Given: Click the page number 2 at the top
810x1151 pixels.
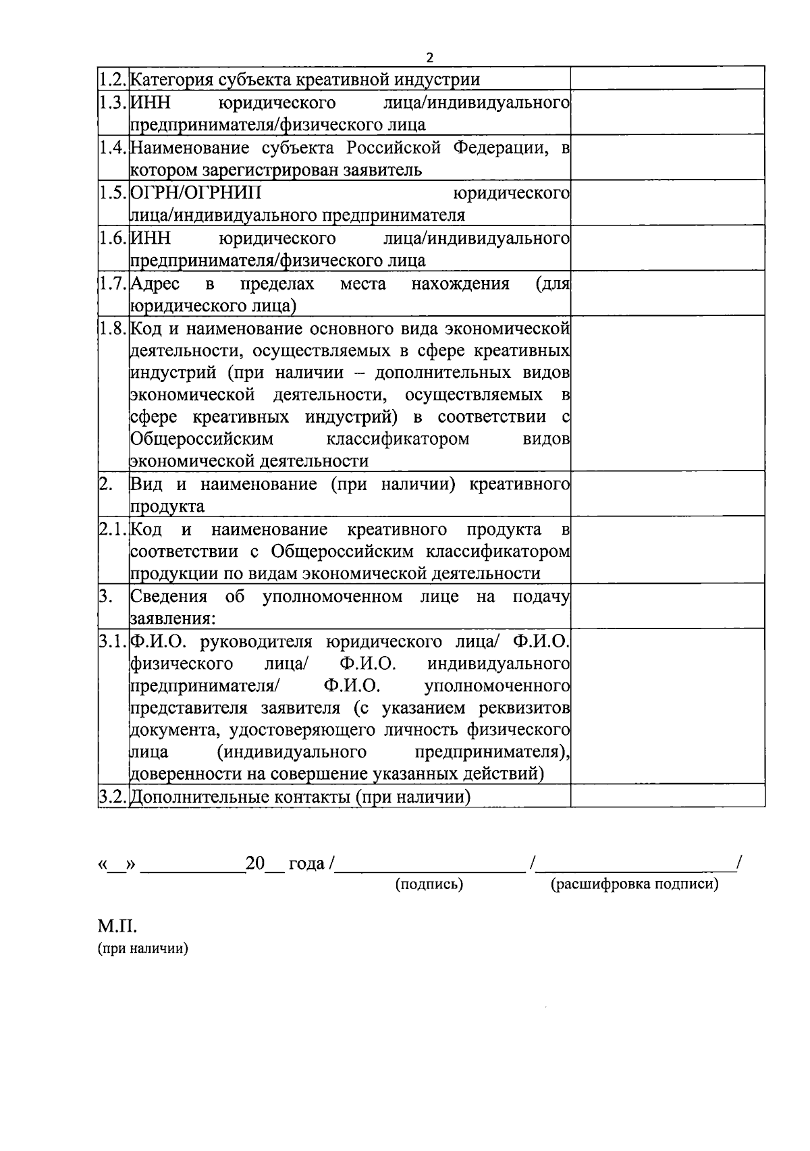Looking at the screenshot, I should [429, 57].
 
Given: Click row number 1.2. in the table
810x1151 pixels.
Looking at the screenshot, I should [113, 80].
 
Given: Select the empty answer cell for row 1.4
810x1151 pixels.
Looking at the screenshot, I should [667, 157].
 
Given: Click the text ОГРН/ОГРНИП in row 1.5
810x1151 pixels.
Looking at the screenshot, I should [196, 193].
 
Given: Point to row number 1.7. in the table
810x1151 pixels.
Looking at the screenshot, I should [113, 284].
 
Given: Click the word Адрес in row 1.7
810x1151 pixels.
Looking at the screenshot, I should [155, 284].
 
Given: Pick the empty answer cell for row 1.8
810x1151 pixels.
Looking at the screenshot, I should [667, 393].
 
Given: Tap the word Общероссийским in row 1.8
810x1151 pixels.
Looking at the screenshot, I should [202, 439].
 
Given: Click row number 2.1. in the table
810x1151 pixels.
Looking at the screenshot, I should [113, 529].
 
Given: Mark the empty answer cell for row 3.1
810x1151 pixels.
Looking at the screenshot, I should [667, 705].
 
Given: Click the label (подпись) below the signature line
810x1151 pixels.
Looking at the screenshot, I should [429, 884].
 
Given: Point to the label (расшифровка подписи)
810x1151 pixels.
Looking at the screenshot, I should [634, 884].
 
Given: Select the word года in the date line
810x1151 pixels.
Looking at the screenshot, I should [306, 863].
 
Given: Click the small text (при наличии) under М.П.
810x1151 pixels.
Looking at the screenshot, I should [143, 948].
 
